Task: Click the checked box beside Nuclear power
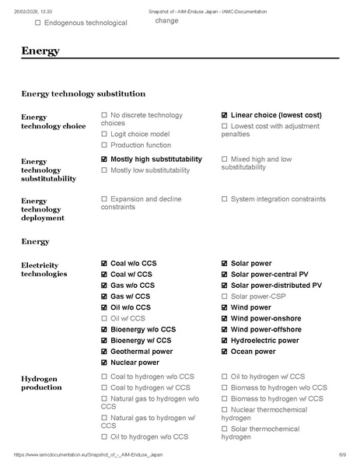(104, 363)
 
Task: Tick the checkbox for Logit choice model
(104, 134)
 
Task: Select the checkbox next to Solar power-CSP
(225, 296)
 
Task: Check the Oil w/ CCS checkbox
(104, 318)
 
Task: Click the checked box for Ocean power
(225, 352)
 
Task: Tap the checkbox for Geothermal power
(104, 352)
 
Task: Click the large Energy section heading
(40, 51)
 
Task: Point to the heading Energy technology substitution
(83, 93)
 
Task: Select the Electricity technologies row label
(44, 269)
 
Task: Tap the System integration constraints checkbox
(225, 199)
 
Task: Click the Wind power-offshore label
(266, 330)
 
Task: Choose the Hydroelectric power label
(264, 341)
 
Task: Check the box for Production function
(104, 145)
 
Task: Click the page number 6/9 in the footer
(342, 454)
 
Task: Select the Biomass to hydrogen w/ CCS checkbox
(225, 398)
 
